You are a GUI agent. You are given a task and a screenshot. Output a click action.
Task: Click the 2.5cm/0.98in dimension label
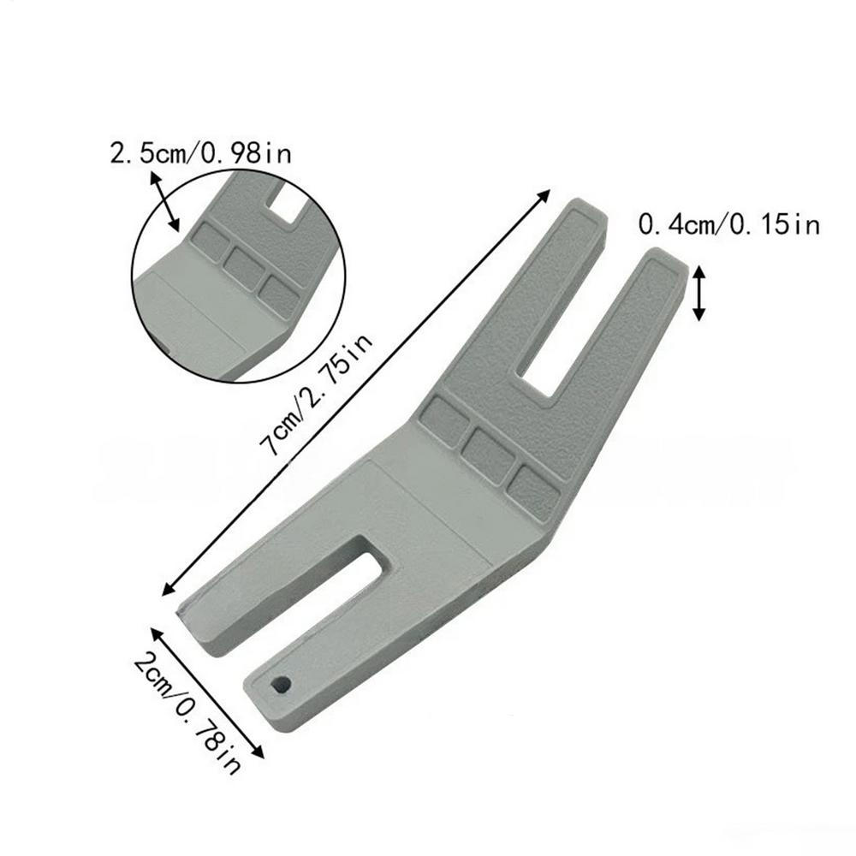tap(199, 154)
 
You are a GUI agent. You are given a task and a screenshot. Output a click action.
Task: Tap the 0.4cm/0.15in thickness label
tap(729, 225)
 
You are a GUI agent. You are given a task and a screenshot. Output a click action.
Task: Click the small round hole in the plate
tap(280, 684)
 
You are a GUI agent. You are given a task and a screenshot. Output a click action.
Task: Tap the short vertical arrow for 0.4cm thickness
tap(699, 293)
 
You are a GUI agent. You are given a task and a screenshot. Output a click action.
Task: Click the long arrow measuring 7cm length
tap(356, 391)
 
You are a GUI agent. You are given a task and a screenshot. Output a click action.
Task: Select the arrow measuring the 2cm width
tap(206, 693)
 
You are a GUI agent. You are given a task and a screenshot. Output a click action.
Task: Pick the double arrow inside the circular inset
tap(166, 201)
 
